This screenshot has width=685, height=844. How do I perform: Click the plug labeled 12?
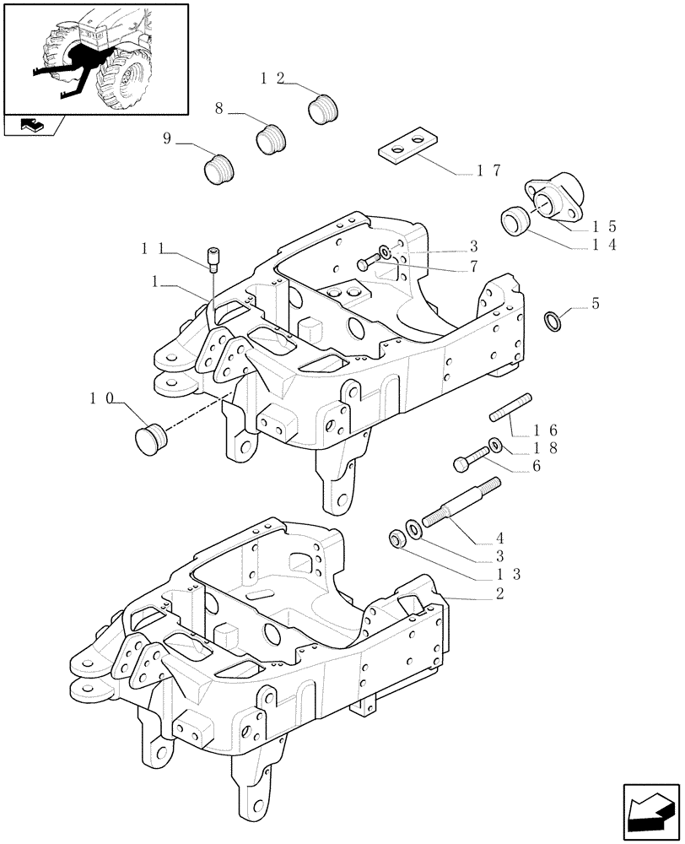[322, 110]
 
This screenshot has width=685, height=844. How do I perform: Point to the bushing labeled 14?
[515, 221]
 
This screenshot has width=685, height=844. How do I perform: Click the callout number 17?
[488, 170]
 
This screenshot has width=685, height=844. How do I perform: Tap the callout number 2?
[500, 594]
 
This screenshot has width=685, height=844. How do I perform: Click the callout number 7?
[474, 267]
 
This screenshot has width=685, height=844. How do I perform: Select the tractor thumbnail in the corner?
[94, 58]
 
